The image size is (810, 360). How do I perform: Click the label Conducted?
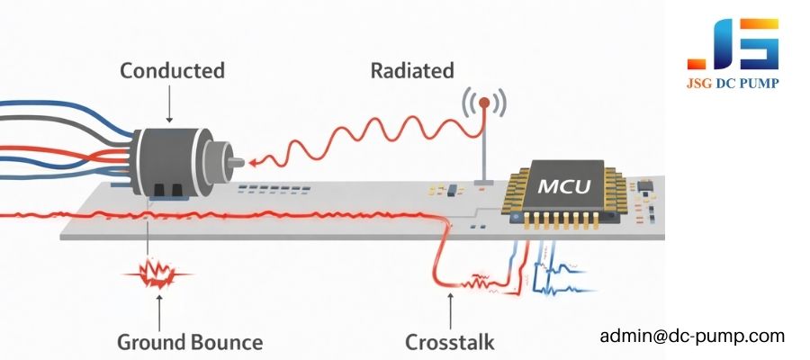pos(172,70)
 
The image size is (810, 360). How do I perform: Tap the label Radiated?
pos(412,70)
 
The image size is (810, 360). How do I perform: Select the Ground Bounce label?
pos(190,342)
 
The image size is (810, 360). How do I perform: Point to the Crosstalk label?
pos(449,342)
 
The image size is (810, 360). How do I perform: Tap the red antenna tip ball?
pos(483,103)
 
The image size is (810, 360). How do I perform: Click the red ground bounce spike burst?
pos(158,271)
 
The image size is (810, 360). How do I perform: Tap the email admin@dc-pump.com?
pos(692,337)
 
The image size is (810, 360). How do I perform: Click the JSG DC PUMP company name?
pos(733,84)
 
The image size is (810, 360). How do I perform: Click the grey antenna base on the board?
pos(483,183)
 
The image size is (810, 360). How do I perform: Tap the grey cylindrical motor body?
pos(166,158)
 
